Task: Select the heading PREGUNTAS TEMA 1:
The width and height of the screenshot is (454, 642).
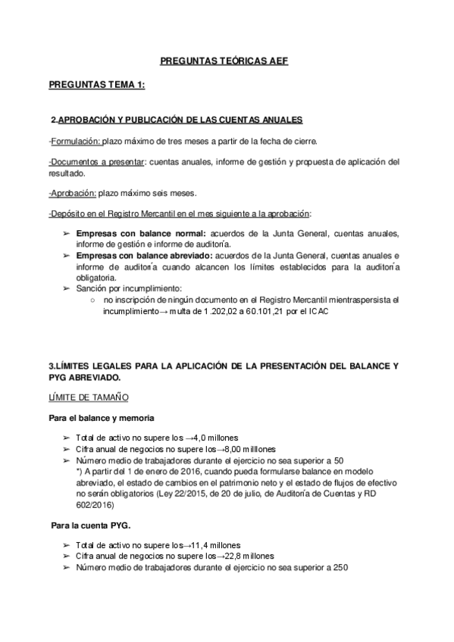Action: point(96,86)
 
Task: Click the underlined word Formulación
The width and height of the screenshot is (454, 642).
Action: point(75,142)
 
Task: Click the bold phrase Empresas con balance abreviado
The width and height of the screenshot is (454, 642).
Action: point(147,257)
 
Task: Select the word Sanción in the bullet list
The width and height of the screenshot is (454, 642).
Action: point(91,289)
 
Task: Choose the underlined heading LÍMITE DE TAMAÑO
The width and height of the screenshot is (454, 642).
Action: point(88,396)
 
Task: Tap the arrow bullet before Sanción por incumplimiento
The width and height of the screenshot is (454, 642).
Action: point(66,289)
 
